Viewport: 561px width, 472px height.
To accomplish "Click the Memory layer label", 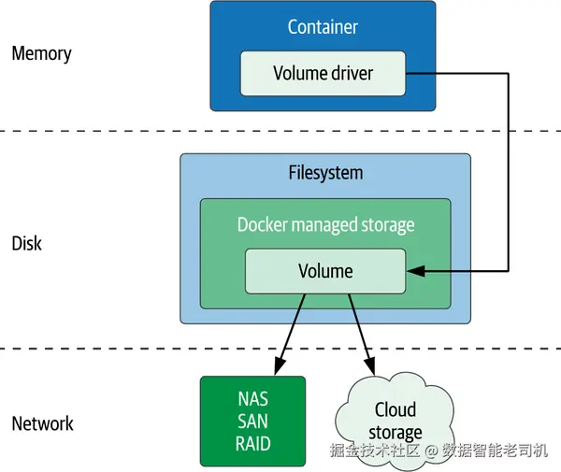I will coord(41,53).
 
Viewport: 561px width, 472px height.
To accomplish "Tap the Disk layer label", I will coord(27,244).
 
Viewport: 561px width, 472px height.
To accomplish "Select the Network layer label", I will coord(42,424).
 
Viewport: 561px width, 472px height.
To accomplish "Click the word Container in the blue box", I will coord(323,27).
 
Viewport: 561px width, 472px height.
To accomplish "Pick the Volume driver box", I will coord(323,73).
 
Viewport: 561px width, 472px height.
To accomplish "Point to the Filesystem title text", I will coord(325,174).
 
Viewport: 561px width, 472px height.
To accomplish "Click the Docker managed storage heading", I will coord(325,225).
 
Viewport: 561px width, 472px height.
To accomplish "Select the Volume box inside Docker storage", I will coord(325,272).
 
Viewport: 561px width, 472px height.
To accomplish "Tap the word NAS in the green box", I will coord(252,399).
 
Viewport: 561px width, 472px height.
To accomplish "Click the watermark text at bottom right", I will coord(438,451).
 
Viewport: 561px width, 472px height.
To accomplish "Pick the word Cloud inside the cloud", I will coord(395,409).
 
